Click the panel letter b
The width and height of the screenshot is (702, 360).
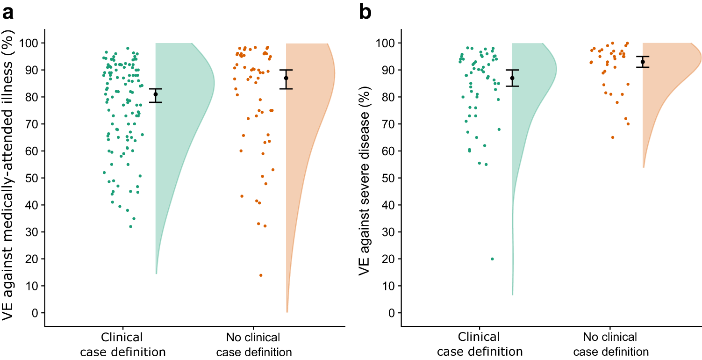point(365,13)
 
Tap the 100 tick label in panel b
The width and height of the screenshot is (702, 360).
point(385,43)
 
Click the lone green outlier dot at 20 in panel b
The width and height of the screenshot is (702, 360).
point(492,259)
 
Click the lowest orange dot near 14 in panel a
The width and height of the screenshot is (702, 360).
point(261,275)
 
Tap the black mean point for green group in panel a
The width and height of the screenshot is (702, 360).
point(156,94)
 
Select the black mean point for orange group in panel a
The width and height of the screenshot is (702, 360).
point(286,78)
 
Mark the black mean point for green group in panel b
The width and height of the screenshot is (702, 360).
point(512,78)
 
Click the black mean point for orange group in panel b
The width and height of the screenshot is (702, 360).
point(643,62)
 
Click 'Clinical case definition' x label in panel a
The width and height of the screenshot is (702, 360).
point(123,345)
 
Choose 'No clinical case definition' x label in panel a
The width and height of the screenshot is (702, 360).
point(253,345)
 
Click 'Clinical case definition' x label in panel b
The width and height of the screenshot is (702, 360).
point(479,345)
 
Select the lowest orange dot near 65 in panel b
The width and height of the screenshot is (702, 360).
point(613,137)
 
